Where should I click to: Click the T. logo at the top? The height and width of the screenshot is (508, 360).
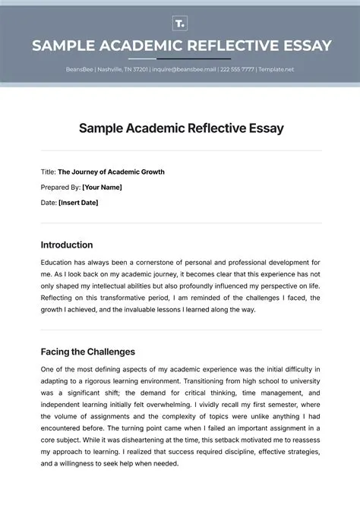[180, 22]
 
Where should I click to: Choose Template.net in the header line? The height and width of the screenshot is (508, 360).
[276, 70]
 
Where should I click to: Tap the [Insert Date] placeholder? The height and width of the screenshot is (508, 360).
[78, 203]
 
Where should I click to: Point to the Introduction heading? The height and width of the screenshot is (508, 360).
[66, 245]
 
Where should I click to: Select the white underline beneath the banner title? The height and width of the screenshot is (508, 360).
[180, 58]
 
